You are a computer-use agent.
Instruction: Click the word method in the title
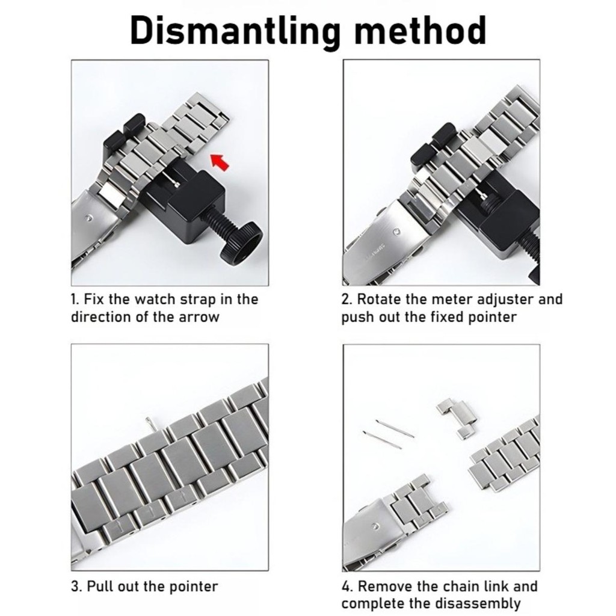tap(420, 30)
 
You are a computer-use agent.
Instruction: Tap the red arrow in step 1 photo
tap(220, 162)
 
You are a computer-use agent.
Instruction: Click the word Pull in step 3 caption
tap(99, 587)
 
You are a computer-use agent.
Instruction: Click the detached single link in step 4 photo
tap(457, 419)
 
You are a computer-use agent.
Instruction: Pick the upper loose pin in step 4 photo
tap(395, 428)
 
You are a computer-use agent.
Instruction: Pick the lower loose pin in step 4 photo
tap(382, 440)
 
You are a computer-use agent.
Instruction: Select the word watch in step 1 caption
tap(155, 300)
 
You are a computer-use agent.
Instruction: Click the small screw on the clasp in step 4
tap(378, 526)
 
